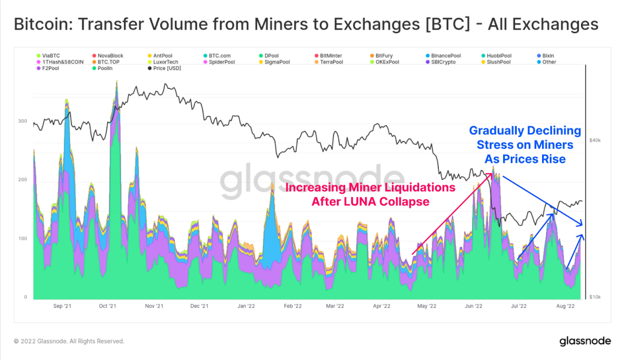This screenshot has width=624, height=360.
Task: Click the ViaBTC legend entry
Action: tap(51, 56)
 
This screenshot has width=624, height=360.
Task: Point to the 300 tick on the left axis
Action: tap(22, 121)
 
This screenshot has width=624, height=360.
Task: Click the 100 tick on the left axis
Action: tap(22, 239)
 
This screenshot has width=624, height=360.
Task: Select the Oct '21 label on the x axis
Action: tap(107, 306)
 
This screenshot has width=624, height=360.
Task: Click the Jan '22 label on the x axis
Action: tap(246, 306)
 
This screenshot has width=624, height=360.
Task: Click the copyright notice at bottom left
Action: tap(69, 341)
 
